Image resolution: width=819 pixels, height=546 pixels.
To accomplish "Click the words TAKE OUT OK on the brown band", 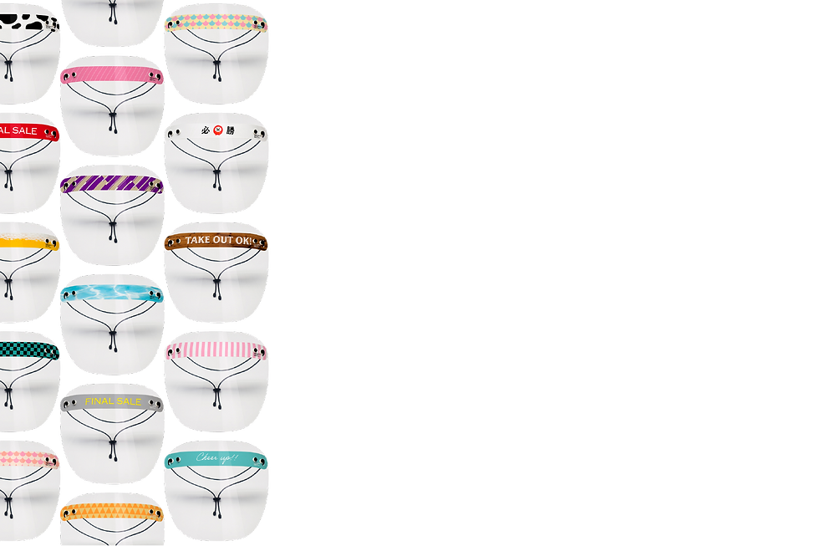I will point(216,241).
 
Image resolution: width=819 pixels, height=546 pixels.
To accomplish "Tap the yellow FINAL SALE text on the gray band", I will point(113,401).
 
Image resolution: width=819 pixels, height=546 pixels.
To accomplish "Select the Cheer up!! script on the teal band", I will point(217,457).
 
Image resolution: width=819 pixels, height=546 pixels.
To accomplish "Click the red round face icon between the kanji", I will point(218,130).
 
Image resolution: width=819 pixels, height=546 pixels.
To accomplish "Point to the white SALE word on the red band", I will point(23,131).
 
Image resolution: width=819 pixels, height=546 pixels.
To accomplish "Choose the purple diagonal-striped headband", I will point(111,183).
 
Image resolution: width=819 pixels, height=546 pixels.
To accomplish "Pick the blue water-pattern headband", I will point(111,293).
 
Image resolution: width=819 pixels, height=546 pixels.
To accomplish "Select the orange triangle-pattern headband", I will point(111,512).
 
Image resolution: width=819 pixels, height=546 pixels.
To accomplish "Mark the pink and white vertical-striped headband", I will point(216,350).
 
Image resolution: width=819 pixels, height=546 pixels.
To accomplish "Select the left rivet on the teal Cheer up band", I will point(172,462).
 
